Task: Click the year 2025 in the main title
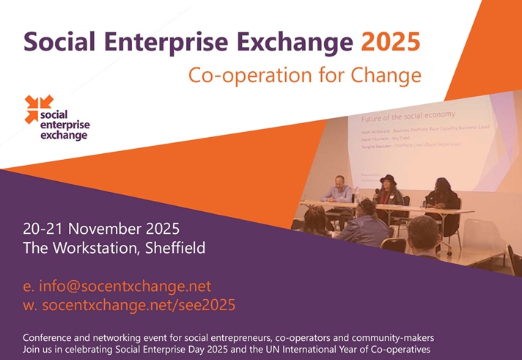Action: pos(391,40)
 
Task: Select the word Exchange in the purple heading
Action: pos(297,40)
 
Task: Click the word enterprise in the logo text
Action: pos(66,125)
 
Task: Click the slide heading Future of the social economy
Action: pos(408,116)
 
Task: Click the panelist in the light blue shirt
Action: pos(340,191)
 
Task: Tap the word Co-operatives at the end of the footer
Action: pos(399,349)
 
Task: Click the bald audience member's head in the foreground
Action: pos(424,232)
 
